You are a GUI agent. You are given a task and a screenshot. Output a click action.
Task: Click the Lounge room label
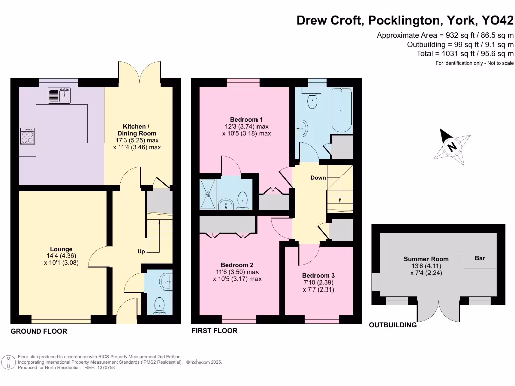point(61,249)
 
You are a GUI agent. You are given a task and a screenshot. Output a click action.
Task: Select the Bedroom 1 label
point(246,119)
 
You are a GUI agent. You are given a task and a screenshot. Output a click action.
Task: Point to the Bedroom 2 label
point(237,265)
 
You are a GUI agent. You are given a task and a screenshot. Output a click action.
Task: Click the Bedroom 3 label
point(318,276)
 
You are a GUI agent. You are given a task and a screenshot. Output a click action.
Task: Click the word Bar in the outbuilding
point(480,258)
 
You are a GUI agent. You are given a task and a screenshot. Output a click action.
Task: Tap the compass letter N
point(452,147)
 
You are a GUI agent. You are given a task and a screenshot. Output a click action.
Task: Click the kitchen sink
point(61,94)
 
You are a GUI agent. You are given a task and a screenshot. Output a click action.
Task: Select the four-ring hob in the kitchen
point(27,136)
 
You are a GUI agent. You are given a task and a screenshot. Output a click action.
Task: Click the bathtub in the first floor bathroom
point(341,108)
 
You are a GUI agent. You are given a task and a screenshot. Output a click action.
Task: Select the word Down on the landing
point(318,178)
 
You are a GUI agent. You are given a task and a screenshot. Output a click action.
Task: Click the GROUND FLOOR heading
point(39,331)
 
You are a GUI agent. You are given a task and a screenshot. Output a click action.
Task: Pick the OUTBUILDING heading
point(393,325)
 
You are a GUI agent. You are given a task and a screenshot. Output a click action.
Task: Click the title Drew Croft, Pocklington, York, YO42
point(405,21)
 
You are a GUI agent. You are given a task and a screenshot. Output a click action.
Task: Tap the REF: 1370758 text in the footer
point(100,367)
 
